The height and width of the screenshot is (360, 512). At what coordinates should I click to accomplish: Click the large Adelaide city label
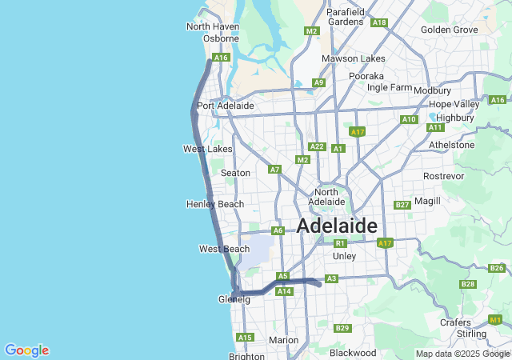click(x=337, y=226)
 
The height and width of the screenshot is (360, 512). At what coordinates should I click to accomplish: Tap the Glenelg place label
click(x=234, y=299)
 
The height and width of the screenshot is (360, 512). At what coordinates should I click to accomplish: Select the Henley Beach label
click(x=214, y=204)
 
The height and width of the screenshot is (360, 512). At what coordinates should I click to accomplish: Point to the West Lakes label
click(x=207, y=149)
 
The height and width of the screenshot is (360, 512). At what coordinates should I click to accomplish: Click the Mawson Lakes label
click(x=353, y=58)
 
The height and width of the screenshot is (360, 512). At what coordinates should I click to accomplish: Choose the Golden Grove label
click(x=449, y=30)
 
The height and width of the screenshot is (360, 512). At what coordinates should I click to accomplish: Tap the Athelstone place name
click(x=452, y=145)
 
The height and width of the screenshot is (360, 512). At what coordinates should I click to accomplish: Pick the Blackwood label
click(x=353, y=352)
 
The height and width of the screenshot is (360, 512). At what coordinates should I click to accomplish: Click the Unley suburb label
click(x=344, y=256)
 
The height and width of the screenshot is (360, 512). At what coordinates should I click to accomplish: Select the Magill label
click(x=427, y=201)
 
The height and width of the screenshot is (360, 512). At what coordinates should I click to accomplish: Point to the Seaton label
click(x=235, y=173)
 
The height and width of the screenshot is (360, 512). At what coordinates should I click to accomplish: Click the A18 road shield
click(x=379, y=22)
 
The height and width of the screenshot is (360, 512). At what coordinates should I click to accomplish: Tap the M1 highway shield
click(x=496, y=319)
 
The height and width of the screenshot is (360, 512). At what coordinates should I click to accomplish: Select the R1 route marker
click(x=340, y=243)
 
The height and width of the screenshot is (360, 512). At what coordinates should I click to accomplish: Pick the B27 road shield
click(x=402, y=206)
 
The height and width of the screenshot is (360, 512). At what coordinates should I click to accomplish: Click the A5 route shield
click(x=282, y=276)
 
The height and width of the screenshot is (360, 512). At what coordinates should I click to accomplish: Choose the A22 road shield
click(x=317, y=146)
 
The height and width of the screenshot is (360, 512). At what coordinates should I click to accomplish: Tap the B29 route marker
click(x=342, y=328)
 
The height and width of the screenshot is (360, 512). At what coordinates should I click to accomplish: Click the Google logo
click(x=26, y=350)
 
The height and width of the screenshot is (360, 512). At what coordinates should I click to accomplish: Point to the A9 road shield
click(x=318, y=82)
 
